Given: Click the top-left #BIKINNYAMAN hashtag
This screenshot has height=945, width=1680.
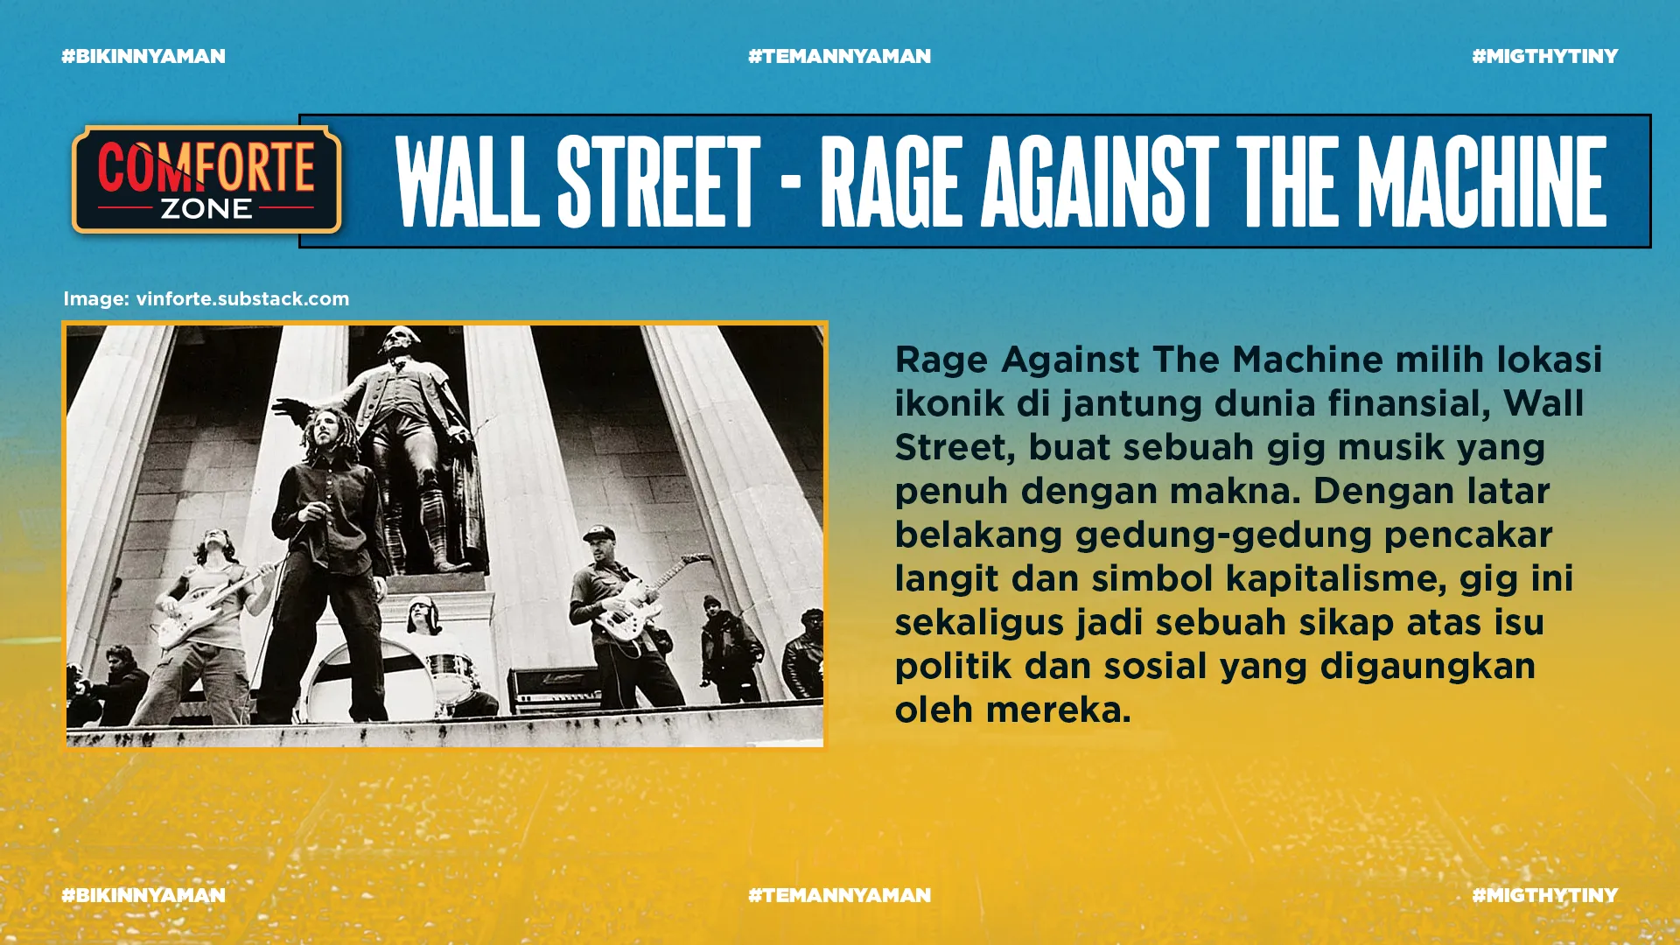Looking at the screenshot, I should [143, 57].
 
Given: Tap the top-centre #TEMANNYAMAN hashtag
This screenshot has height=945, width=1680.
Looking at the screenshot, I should [839, 57].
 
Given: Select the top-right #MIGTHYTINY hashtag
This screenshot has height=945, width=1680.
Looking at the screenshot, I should [1544, 57].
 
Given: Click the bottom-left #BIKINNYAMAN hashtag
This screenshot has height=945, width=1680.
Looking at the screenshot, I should [143, 895].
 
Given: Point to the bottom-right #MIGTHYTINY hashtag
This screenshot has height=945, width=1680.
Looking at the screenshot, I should [1544, 895].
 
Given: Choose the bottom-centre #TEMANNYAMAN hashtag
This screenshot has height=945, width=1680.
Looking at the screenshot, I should [839, 895].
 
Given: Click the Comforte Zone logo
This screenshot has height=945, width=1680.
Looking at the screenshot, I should [206, 180].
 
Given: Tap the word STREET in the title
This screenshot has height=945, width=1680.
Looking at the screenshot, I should [658, 182].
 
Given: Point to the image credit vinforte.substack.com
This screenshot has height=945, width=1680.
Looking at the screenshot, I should [242, 299].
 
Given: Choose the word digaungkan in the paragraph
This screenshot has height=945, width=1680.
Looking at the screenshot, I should [1428, 667].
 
